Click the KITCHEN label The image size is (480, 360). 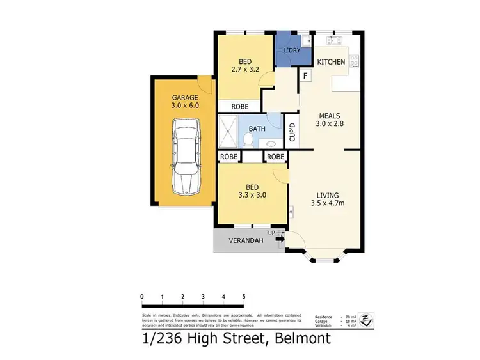click(x=332, y=62)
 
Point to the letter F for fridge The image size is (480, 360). click(x=306, y=76)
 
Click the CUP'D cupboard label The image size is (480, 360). click(x=292, y=132)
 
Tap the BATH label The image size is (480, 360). click(x=257, y=129)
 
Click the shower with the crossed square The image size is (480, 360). click(x=227, y=132)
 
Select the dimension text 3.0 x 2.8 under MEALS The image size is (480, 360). click(x=330, y=125)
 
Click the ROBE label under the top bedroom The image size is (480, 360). click(x=239, y=107)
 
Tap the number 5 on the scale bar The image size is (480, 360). click(x=244, y=296)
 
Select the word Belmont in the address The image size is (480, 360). click(x=298, y=338)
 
